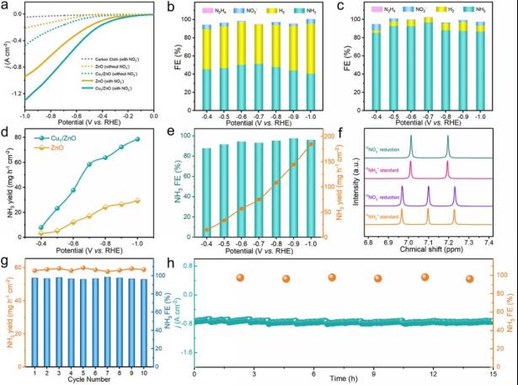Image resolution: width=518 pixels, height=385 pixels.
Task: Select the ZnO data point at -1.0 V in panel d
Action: pos(136,201)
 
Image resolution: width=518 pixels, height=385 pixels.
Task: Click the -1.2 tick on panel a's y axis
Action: pos(19,99)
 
